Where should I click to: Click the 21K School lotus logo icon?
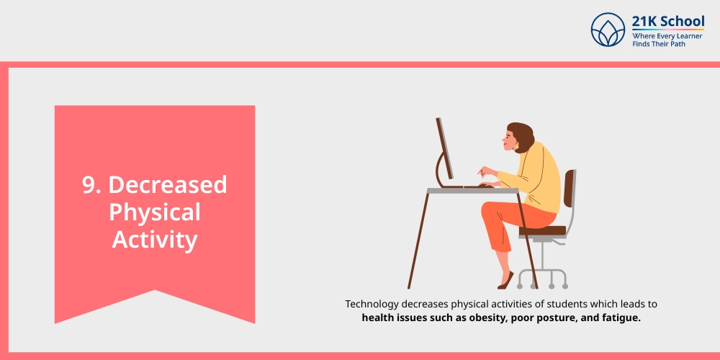[608, 30]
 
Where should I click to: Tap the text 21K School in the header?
[667, 21]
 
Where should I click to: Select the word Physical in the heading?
[154, 212]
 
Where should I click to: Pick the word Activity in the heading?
[154, 240]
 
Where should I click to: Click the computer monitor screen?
[445, 148]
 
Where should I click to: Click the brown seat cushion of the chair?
[542, 231]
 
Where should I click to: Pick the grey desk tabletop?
[472, 191]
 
